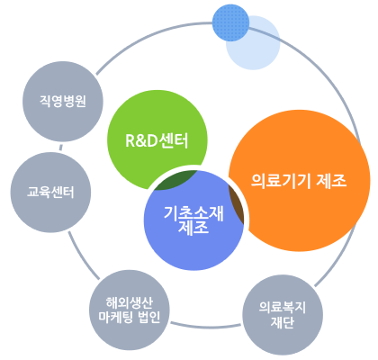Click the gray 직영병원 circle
(56, 100)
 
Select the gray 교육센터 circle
(43, 192)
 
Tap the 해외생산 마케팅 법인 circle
(131, 309)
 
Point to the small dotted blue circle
(230, 24)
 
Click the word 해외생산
(131, 301)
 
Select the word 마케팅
(118, 317)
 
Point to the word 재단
(283, 324)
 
